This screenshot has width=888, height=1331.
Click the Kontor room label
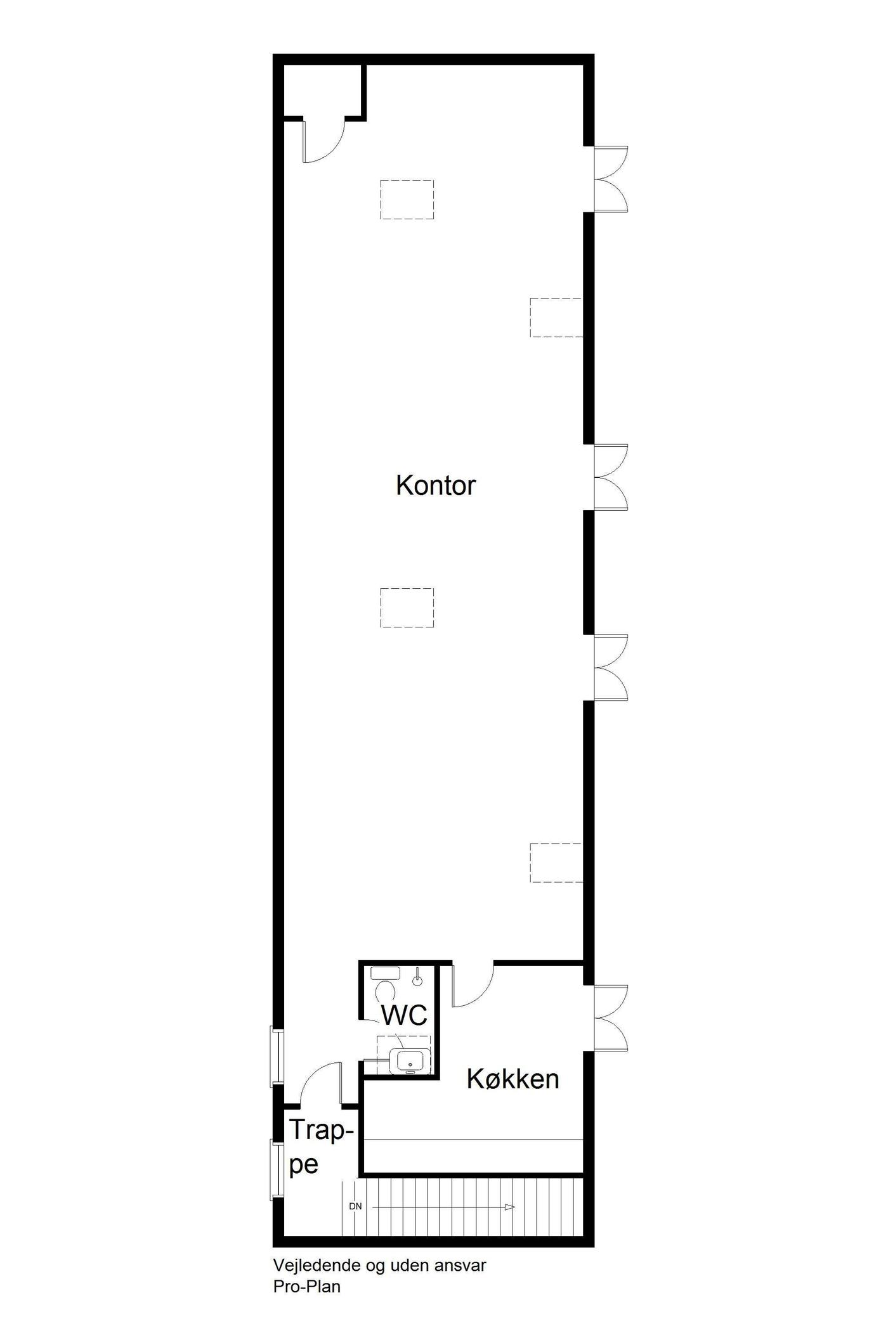pyautogui.click(x=436, y=485)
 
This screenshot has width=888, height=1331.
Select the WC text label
pyautogui.click(x=404, y=1015)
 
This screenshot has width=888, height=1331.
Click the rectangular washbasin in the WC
pyautogui.click(x=410, y=1062)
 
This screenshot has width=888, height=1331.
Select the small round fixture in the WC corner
pyautogui.click(x=417, y=981)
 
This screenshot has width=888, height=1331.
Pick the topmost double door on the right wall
pyautogui.click(x=611, y=179)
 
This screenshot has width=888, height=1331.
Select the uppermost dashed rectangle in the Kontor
pyautogui.click(x=407, y=200)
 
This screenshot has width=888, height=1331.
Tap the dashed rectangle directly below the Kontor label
pyautogui.click(x=407, y=607)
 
